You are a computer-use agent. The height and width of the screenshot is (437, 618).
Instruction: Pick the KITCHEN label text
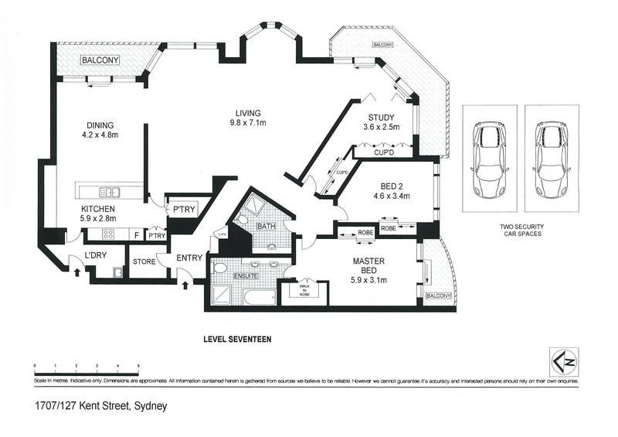tap(99, 210)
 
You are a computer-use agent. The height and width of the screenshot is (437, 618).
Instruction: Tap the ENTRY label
tap(188, 258)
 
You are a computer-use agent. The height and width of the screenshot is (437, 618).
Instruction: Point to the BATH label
tap(267, 227)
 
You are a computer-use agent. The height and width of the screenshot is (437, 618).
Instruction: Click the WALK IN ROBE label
tap(305, 292)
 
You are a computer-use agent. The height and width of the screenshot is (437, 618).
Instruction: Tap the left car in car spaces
tap(488, 157)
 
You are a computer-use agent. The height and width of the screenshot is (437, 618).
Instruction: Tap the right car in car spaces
tap(551, 157)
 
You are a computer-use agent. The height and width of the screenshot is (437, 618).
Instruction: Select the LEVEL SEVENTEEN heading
tap(237, 338)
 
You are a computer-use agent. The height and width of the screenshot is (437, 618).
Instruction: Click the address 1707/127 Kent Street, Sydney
tap(100, 405)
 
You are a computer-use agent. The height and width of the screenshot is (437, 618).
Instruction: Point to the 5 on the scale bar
tap(138, 364)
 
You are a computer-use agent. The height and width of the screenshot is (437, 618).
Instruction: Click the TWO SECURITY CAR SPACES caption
tap(519, 228)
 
